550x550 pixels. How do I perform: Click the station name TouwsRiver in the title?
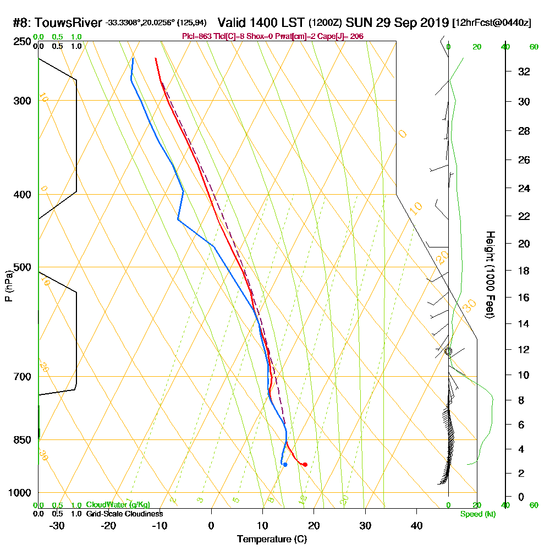[69, 23]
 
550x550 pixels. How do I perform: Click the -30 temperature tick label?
[57, 525]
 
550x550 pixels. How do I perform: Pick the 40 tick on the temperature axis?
[416, 525]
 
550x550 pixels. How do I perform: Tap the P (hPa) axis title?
[8, 286]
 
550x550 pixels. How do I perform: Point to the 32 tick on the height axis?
[524, 71]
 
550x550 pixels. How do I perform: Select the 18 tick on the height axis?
[524, 271]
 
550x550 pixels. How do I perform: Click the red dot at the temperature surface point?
[305, 465]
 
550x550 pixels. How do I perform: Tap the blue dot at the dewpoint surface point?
[284, 465]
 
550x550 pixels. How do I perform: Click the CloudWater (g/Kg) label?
[118, 505]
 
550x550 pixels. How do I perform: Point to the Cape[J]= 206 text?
[342, 36]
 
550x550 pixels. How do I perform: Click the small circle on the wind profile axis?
[448, 351]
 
